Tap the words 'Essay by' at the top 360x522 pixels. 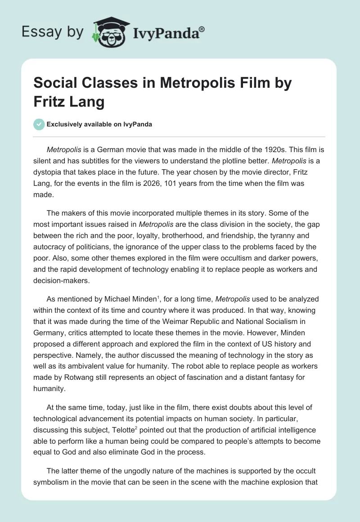(x=52, y=32)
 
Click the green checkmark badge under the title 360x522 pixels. (x=39, y=124)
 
